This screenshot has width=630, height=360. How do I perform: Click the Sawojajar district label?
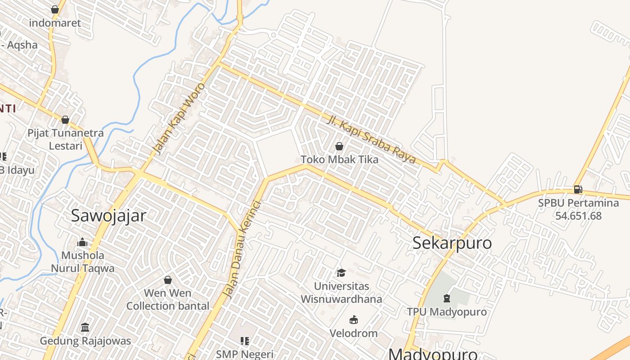click(x=108, y=216)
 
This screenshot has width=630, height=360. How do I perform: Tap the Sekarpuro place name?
click(x=452, y=243)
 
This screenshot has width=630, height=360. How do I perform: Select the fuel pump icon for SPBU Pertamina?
click(x=578, y=190)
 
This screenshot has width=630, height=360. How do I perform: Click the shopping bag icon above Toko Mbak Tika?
click(x=339, y=146)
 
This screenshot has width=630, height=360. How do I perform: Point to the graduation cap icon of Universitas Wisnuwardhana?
click(x=341, y=273)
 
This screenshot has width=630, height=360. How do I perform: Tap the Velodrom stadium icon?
click(x=354, y=320)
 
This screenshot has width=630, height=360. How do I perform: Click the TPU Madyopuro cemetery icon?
click(x=446, y=298)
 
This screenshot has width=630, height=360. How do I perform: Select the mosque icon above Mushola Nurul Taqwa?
click(x=82, y=243)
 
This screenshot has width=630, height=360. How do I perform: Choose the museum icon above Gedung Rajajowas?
click(x=85, y=327)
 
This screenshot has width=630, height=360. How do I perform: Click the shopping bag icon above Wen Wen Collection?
click(x=168, y=280)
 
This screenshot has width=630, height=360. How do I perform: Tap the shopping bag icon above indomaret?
click(x=55, y=9)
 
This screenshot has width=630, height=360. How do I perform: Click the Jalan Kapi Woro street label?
click(x=178, y=118)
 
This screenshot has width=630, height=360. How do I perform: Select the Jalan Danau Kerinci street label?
click(x=242, y=248)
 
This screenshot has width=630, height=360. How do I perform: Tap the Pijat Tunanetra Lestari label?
click(x=65, y=139)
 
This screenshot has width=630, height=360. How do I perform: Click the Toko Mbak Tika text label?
click(x=339, y=159)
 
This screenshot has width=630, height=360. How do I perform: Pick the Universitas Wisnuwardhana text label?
click(x=341, y=292)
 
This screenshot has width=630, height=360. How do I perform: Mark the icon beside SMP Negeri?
click(x=245, y=341)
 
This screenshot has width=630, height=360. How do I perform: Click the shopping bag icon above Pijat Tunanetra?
click(x=65, y=120)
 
